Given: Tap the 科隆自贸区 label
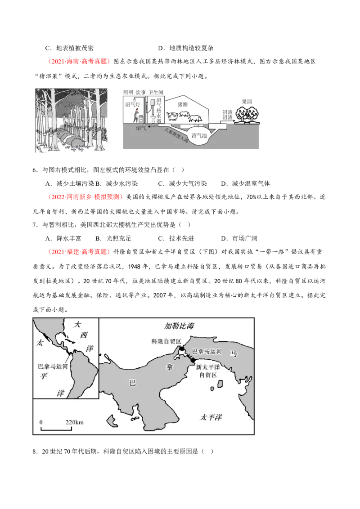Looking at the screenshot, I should point(166,341).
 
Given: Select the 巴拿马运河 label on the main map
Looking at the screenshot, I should point(207,351).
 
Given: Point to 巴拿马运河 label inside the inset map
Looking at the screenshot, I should point(52,366).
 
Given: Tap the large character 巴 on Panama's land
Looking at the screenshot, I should point(132,383).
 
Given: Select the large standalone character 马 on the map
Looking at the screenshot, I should point(234,354).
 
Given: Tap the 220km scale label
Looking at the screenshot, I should point(75,423).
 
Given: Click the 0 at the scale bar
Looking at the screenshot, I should point(41,423).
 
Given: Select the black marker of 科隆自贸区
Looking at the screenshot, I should point(181,349).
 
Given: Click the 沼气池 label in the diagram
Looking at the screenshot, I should point(198,135).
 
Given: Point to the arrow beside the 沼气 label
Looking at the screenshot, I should point(155,128).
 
